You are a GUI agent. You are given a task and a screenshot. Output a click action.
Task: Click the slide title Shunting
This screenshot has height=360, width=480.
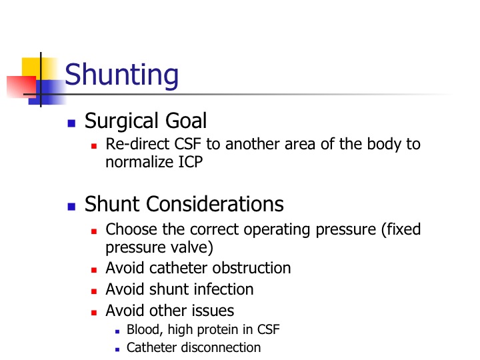pyautogui.click(x=121, y=75)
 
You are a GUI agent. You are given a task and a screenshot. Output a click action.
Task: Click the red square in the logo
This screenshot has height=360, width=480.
pyautogui.click(x=21, y=87)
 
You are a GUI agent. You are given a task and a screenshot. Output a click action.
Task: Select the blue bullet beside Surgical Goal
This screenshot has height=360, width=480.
pyautogui.click(x=71, y=123)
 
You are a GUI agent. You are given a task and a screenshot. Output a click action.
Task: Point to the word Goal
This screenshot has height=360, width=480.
pyautogui.click(x=186, y=121)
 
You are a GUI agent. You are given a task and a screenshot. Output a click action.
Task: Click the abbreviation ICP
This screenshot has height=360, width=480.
pyautogui.click(x=191, y=162)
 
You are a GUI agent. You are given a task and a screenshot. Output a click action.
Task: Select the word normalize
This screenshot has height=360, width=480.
pyautogui.click(x=139, y=162)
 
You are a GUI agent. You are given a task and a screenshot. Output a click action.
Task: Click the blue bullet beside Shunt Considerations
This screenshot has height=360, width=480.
pyautogui.click(x=71, y=207)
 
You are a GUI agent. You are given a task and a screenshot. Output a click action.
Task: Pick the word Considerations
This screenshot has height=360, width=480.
pyautogui.click(x=215, y=204)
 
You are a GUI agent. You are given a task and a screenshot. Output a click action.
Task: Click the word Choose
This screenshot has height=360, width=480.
pyautogui.click(x=131, y=229)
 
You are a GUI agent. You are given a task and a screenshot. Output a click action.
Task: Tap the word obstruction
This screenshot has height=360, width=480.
pyautogui.click(x=251, y=268)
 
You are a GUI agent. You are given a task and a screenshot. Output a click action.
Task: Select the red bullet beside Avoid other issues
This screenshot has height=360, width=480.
pyautogui.click(x=94, y=313)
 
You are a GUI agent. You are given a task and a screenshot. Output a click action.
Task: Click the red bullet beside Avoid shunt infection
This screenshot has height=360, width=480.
pyautogui.click(x=94, y=291)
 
